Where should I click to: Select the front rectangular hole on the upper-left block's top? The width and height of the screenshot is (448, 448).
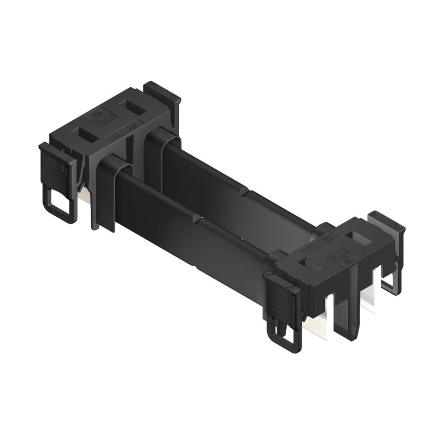[x=89, y=134]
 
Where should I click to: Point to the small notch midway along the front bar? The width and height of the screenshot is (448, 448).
[x=196, y=221]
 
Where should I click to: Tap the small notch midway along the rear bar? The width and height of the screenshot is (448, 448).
[x=246, y=194]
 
